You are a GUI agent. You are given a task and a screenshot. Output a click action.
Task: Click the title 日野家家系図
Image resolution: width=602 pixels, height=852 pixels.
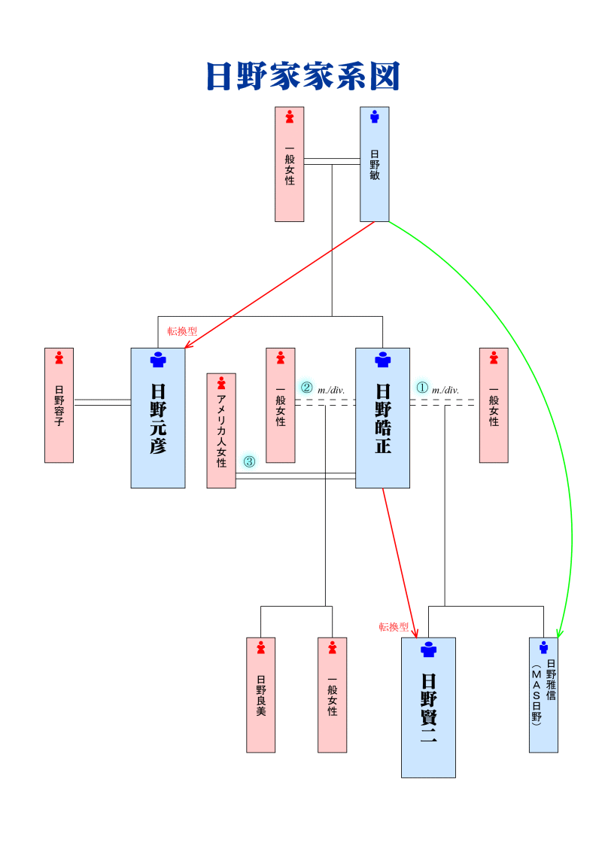(x=302, y=77)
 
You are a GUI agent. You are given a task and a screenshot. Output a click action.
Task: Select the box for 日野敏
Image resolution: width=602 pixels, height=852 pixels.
(x=375, y=164)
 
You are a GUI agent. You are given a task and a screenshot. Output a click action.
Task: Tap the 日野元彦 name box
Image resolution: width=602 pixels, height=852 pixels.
(x=158, y=418)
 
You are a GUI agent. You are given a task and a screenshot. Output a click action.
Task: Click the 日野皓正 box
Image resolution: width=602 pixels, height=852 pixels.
(x=382, y=418)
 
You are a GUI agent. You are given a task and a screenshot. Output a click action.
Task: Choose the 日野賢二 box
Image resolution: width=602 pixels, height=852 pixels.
(x=428, y=707)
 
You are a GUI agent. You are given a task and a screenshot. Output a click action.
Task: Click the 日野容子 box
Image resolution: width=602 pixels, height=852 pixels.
(x=59, y=405)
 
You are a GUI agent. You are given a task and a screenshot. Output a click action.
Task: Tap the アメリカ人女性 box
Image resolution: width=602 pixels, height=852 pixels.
(x=221, y=431)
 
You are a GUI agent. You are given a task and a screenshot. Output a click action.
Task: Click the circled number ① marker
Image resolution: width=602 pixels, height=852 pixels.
(x=422, y=388)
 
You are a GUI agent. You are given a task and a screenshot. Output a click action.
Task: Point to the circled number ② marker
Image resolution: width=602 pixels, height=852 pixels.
(x=306, y=388)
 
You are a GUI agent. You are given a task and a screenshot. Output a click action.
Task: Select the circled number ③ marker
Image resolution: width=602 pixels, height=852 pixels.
(x=249, y=461)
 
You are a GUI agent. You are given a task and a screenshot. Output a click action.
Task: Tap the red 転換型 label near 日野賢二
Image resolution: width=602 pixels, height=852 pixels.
(x=394, y=627)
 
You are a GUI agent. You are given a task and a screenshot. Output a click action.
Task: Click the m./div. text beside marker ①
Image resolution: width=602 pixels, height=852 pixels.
(x=445, y=390)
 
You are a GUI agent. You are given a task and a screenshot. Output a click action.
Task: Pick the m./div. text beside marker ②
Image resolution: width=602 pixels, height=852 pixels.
(x=331, y=390)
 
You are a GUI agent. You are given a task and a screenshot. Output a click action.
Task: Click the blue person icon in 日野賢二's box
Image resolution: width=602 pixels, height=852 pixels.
(x=428, y=650)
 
